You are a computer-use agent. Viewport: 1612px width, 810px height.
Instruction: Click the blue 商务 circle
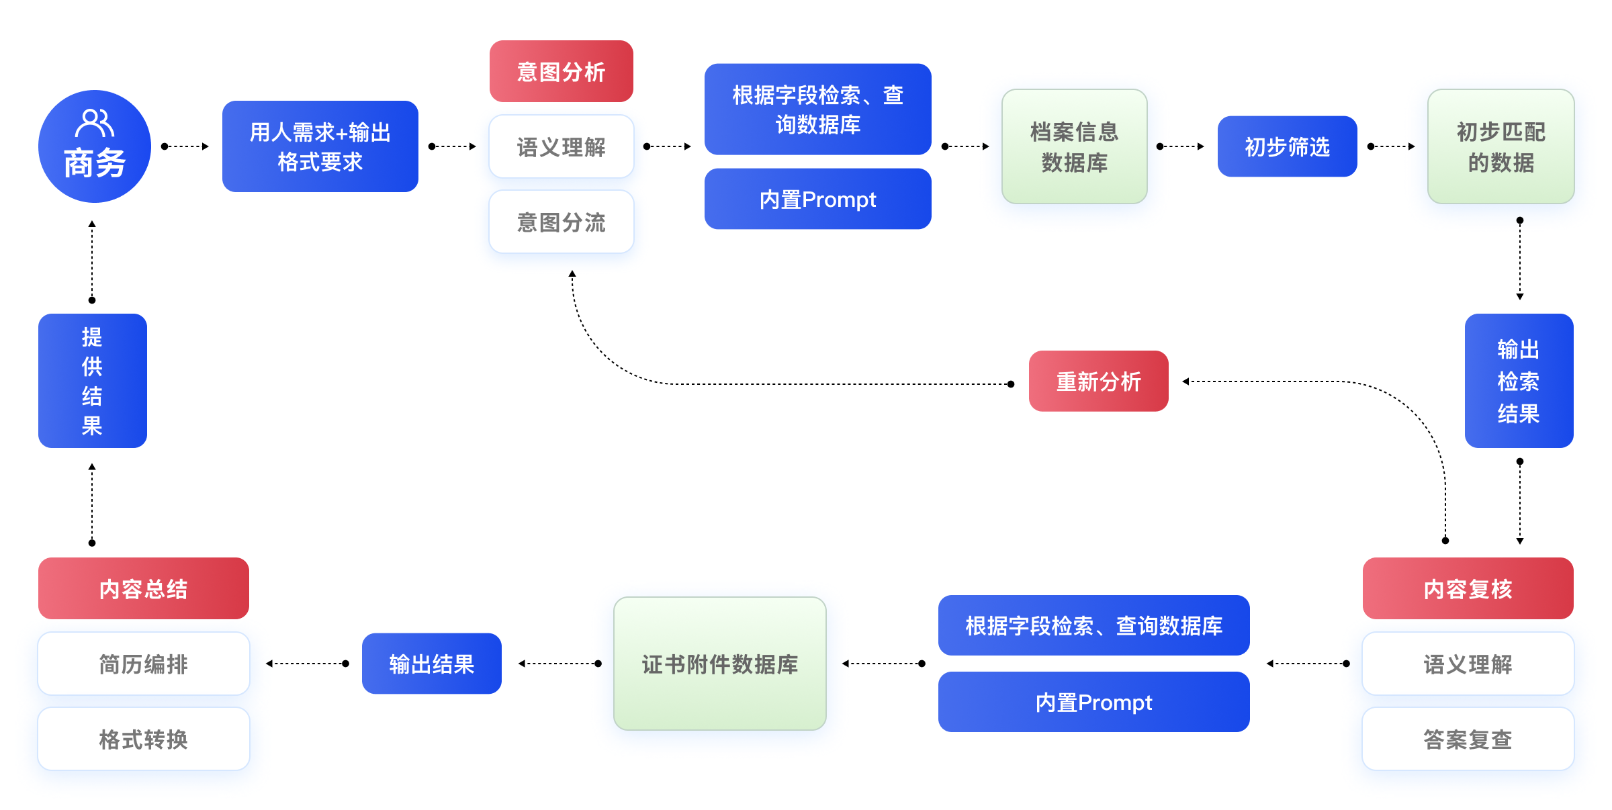click(94, 146)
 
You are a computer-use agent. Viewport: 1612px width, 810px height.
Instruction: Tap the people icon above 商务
click(94, 123)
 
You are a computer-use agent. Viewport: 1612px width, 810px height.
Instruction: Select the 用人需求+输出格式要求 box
click(320, 146)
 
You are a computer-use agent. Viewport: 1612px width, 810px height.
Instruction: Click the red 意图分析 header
click(561, 71)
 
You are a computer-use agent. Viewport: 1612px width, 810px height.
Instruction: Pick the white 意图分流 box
click(561, 222)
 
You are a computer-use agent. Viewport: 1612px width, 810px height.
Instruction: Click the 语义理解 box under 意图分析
click(561, 146)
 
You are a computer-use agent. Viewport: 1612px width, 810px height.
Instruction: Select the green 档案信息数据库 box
click(1074, 146)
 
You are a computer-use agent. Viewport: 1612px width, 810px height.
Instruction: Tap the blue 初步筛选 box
click(1287, 146)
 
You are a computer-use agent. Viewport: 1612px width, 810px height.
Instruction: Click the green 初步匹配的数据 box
click(1501, 146)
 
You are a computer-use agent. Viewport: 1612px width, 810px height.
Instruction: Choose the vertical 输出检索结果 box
click(1519, 381)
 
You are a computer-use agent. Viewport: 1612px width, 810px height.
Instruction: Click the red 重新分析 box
click(1098, 381)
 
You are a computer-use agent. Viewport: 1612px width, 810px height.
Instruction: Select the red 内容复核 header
click(1468, 588)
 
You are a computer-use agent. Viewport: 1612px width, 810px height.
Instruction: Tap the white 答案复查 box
click(1468, 739)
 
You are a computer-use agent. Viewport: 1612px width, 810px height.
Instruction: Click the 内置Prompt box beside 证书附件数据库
click(1093, 702)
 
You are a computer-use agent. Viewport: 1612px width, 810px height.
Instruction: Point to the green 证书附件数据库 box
click(719, 664)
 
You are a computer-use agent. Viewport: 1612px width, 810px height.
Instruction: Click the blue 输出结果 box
click(431, 664)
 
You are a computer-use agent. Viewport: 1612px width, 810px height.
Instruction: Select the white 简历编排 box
click(143, 664)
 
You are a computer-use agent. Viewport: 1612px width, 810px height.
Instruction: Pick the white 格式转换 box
click(143, 739)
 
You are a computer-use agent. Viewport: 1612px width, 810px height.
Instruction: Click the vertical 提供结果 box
click(92, 381)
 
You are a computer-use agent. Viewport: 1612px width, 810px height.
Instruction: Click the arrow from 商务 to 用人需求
click(185, 146)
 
